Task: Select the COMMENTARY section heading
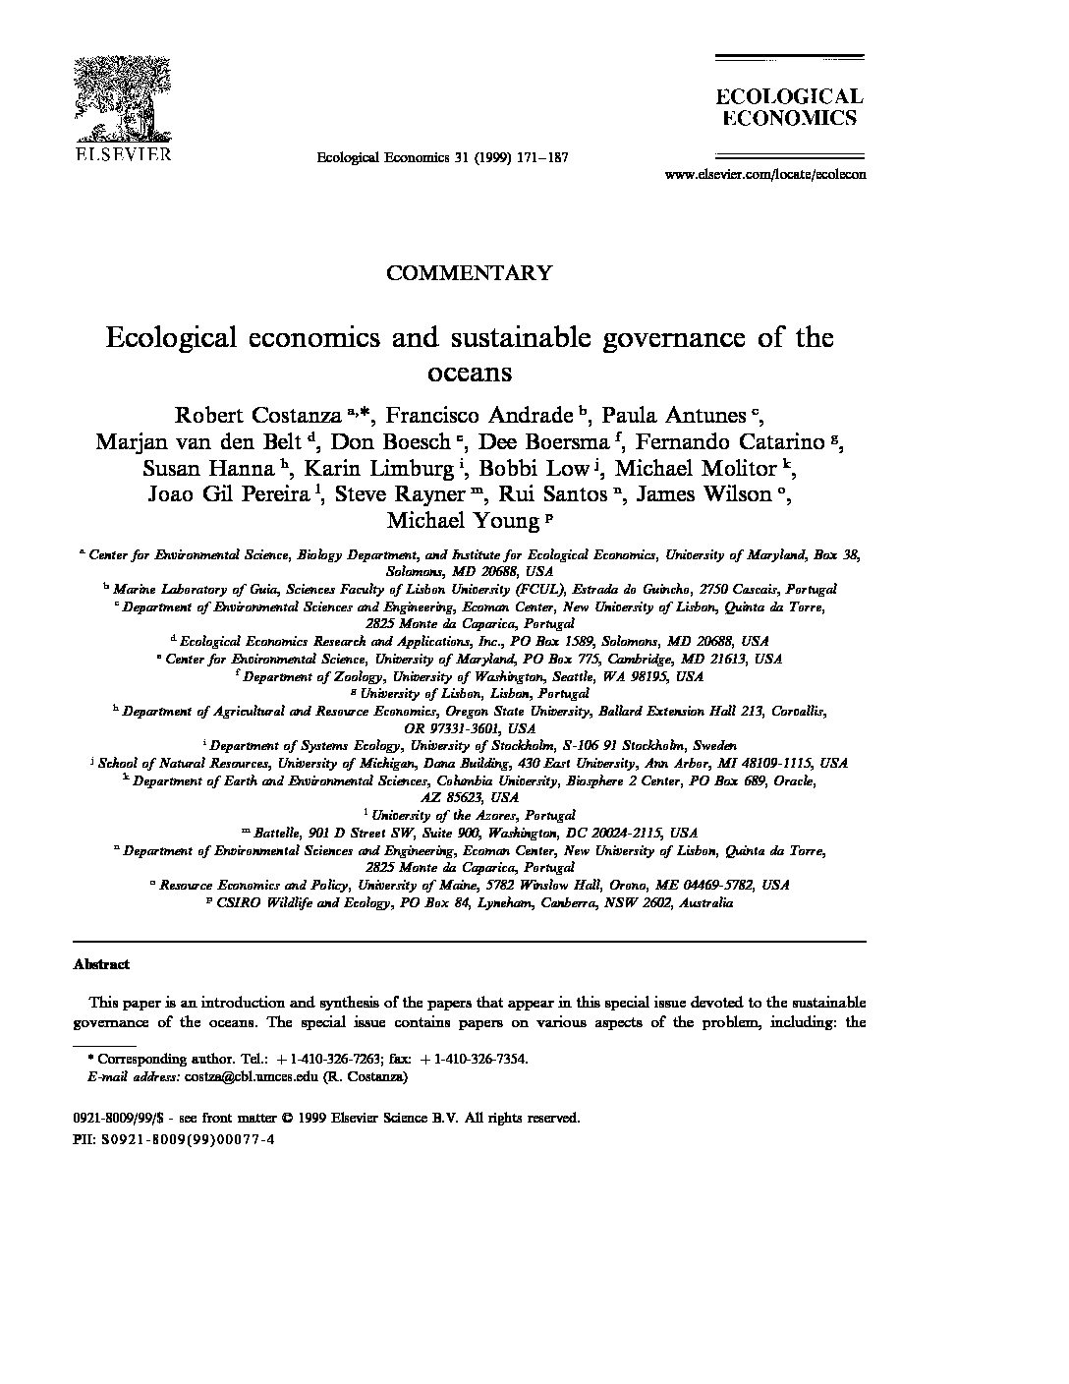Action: (x=469, y=273)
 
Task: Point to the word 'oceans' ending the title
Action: (x=470, y=373)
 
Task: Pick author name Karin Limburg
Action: (x=376, y=467)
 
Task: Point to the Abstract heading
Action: (x=101, y=964)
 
